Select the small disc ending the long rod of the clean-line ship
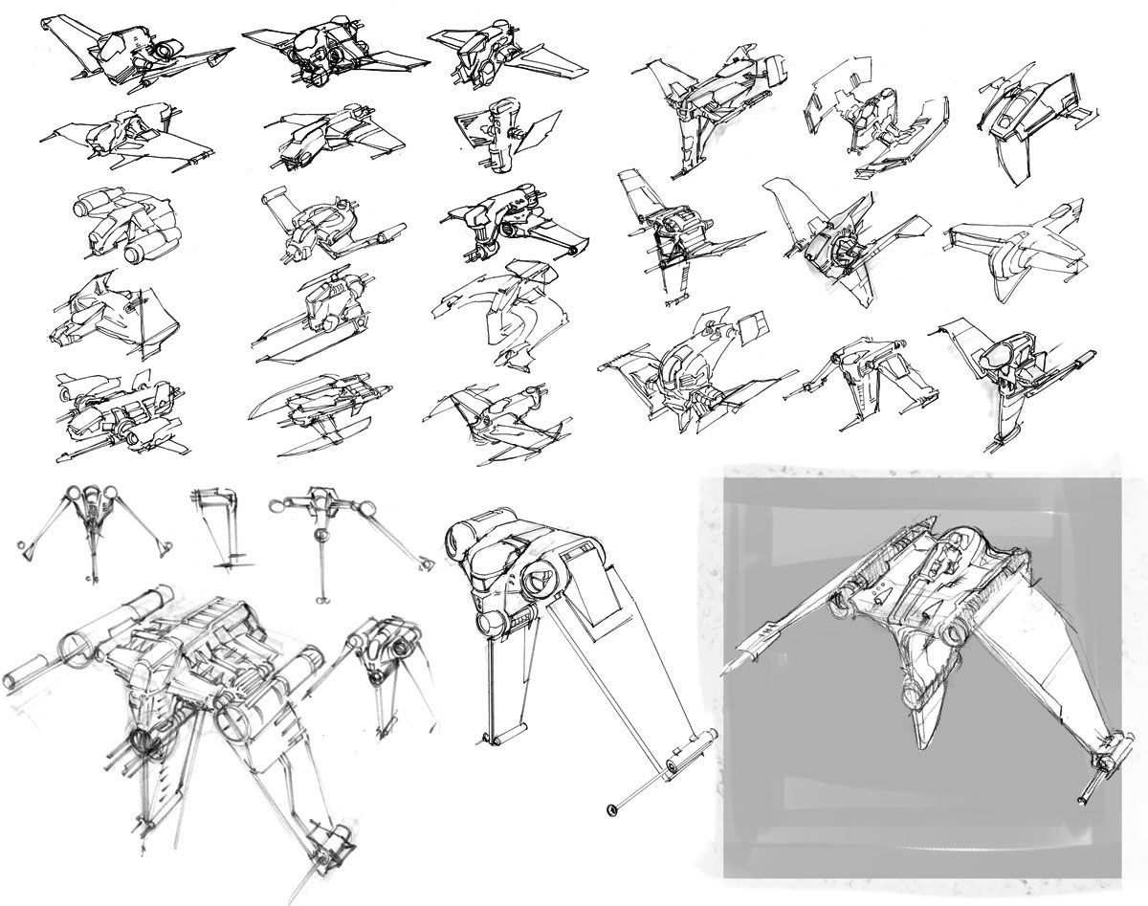(x=608, y=812)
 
